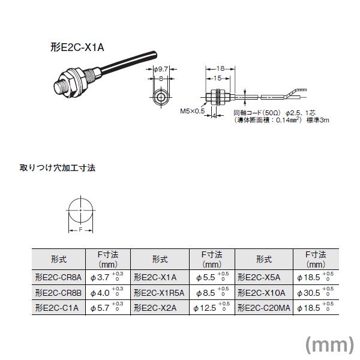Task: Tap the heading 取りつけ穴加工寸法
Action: coord(58,168)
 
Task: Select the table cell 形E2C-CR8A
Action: coord(59,277)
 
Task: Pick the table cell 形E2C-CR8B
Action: coord(59,292)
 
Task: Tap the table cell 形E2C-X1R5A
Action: coord(159,292)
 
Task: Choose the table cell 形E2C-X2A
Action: coord(155,308)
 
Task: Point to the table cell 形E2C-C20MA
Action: coord(264,308)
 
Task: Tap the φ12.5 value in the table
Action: coord(206,308)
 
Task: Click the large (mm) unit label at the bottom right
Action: coord(329,343)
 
